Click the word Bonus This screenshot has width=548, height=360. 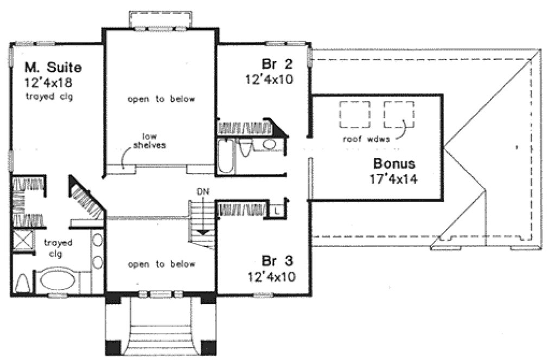tap(394, 163)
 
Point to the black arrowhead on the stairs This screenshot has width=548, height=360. tap(203, 232)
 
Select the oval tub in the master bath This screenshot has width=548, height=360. tap(60, 281)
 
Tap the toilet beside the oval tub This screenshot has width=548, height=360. tap(23, 283)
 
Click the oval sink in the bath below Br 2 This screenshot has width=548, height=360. tap(269, 144)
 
